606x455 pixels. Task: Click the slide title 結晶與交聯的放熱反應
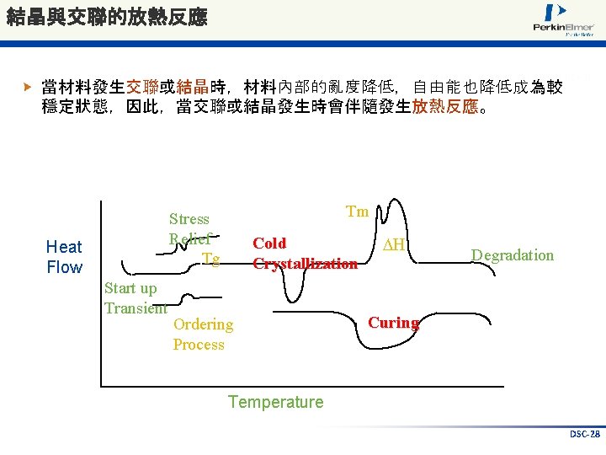[x=106, y=17]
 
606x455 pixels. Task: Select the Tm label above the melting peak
[x=358, y=211]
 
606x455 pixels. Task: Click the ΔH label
[x=390, y=244]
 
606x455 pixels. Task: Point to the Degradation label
[x=513, y=255]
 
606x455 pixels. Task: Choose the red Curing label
[x=394, y=323]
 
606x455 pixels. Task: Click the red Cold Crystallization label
[x=305, y=254]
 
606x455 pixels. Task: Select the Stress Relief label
[x=189, y=228]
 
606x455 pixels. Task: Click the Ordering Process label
[x=203, y=334]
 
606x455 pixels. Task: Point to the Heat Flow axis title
[x=64, y=257]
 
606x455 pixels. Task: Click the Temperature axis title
[x=275, y=402]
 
